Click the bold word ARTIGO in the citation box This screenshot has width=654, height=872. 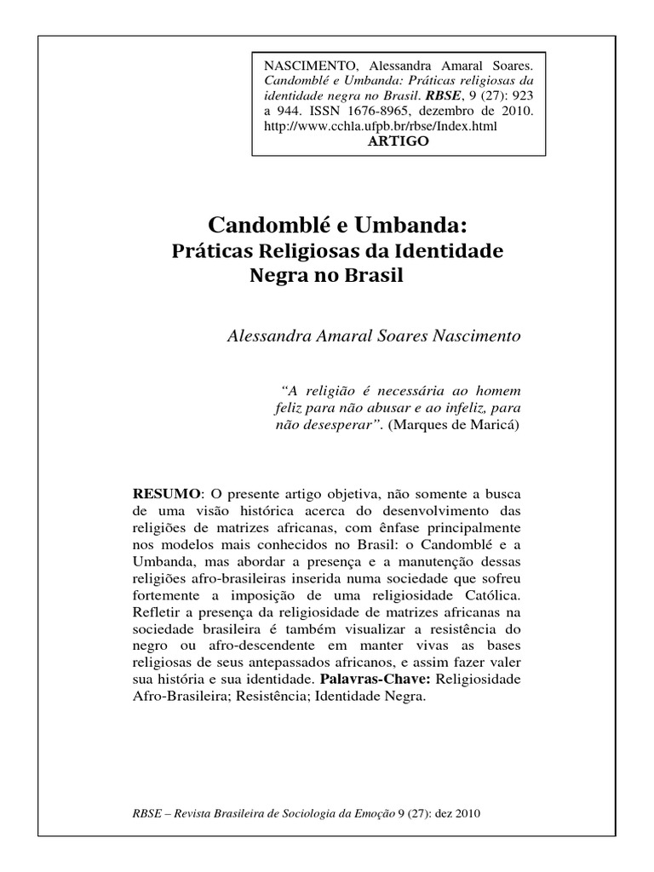click(x=398, y=141)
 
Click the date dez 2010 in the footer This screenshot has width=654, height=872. click(x=461, y=812)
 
